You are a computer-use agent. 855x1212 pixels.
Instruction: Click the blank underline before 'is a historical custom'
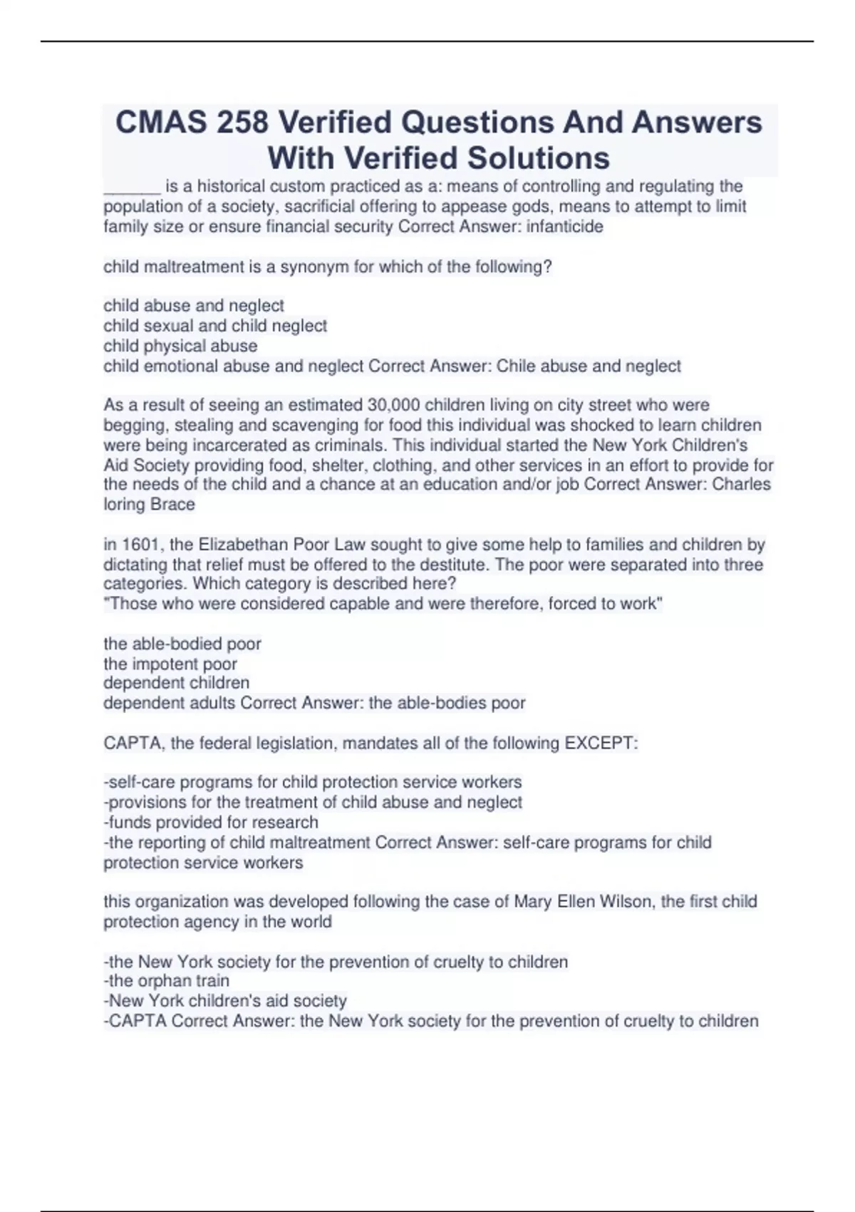click(x=132, y=188)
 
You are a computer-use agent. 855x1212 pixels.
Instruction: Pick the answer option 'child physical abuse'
click(x=180, y=346)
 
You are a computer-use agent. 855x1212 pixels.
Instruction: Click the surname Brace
click(x=172, y=505)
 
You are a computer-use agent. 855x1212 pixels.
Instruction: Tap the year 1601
click(x=141, y=545)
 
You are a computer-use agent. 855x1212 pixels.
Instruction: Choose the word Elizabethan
click(x=245, y=545)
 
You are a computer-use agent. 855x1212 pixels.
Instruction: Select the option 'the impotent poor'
click(x=170, y=664)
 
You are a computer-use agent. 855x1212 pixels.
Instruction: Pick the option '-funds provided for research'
click(x=211, y=822)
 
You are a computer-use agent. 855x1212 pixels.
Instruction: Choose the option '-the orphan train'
click(x=167, y=981)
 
